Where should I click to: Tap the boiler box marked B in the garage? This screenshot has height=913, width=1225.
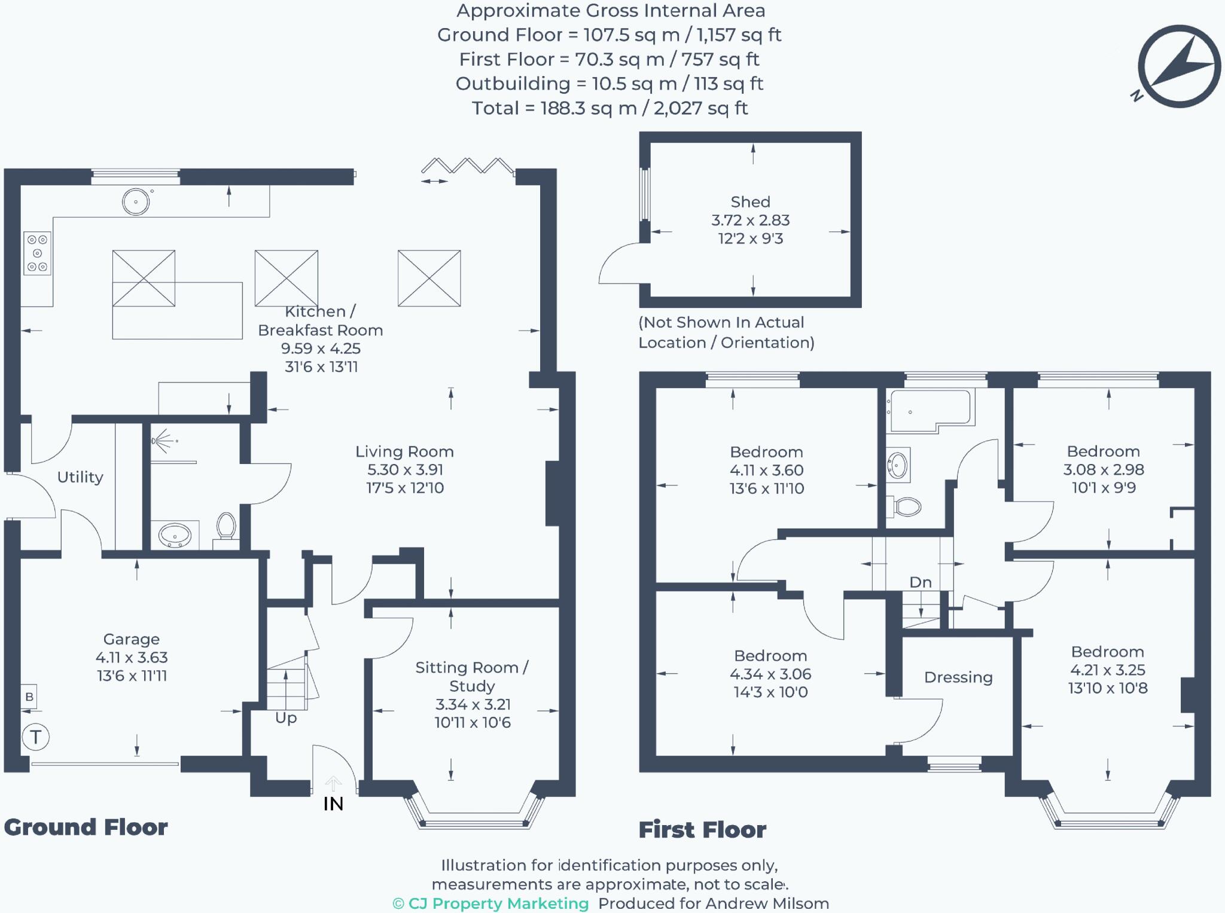pos(29,697)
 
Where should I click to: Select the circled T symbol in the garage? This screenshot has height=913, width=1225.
pos(35,737)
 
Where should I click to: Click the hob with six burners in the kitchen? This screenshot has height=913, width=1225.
pos(37,254)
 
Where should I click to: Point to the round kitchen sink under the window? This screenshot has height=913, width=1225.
pos(136,201)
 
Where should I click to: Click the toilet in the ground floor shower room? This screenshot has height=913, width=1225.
pos(226,527)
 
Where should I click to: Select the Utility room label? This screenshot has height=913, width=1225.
pos(80,477)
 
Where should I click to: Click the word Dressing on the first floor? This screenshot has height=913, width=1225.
pos(958,677)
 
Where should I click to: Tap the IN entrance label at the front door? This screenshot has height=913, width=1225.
pos(333,804)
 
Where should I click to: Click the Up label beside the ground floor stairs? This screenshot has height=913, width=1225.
pos(286,718)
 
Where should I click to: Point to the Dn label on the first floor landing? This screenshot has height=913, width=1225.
pos(921,582)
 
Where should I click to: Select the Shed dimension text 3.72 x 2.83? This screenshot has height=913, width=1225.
pos(750,221)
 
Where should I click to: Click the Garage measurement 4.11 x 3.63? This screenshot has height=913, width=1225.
pos(132,658)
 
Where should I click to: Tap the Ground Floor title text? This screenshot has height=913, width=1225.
pos(86,827)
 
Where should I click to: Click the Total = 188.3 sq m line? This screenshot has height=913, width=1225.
pos(610,108)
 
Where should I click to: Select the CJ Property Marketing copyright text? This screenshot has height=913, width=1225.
pos(490,903)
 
